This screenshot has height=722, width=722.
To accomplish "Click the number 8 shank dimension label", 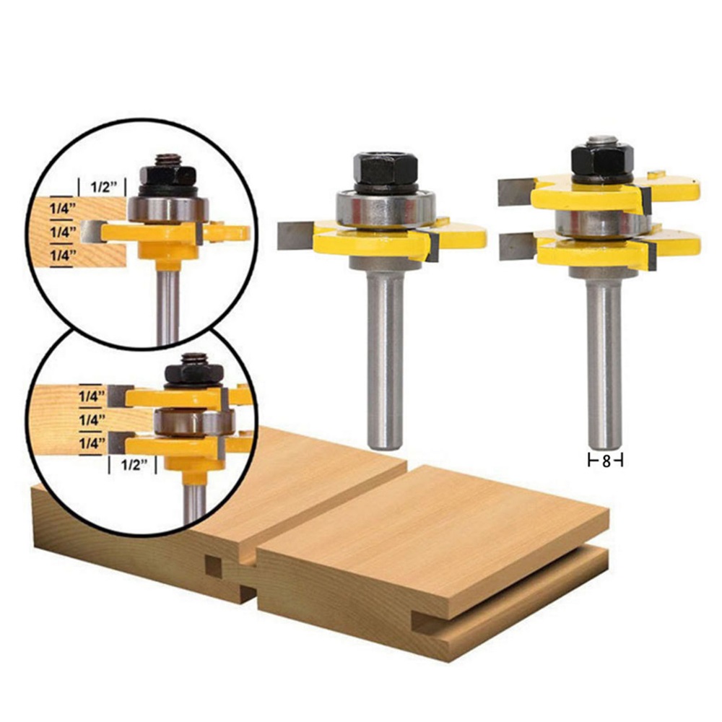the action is tap(606, 461).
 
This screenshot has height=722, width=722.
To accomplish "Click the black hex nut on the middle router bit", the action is tap(386, 168).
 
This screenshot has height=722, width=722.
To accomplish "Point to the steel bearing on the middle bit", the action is tap(386, 208).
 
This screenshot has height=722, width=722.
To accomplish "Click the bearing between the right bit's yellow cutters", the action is tap(603, 223).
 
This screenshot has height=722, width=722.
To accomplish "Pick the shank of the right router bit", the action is tap(604, 365).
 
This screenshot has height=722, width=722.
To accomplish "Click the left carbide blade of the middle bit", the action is tap(295, 235).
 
